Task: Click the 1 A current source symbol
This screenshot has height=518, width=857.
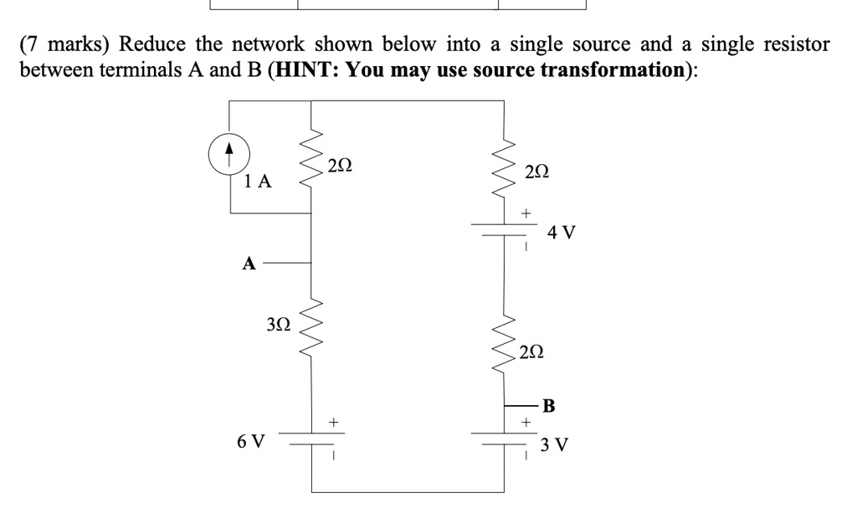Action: click(x=229, y=155)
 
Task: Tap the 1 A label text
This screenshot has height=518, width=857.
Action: click(x=258, y=181)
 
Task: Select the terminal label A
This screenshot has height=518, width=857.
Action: click(x=248, y=264)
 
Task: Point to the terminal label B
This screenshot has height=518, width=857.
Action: click(x=548, y=407)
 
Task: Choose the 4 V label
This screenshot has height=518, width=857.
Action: click(x=561, y=232)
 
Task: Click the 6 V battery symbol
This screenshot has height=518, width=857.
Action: click(x=312, y=440)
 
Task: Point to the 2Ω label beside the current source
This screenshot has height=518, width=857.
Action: click(x=340, y=165)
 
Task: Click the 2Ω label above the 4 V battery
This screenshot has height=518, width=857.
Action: click(x=537, y=172)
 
